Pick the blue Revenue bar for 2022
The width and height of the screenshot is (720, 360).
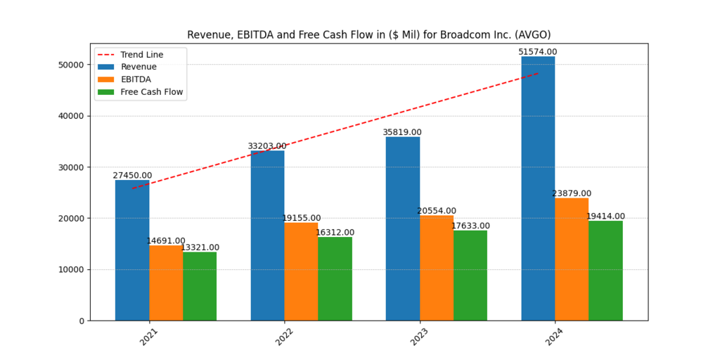coord(267,236)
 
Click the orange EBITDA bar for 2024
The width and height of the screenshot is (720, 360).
coord(572,259)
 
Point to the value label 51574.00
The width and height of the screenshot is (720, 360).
coord(537,52)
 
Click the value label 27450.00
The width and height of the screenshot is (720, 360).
coord(132,175)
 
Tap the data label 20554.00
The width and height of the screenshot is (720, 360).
coord(436,211)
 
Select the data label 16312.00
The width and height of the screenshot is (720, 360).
coord(335,232)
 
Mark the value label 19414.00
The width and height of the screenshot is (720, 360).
coord(605,217)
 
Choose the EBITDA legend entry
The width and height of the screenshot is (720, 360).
coord(136,79)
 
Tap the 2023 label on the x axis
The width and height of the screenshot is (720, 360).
coord(418,337)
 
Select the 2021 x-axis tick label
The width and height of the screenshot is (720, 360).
coord(148,337)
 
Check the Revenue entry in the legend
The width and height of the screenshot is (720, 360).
coord(139,67)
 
